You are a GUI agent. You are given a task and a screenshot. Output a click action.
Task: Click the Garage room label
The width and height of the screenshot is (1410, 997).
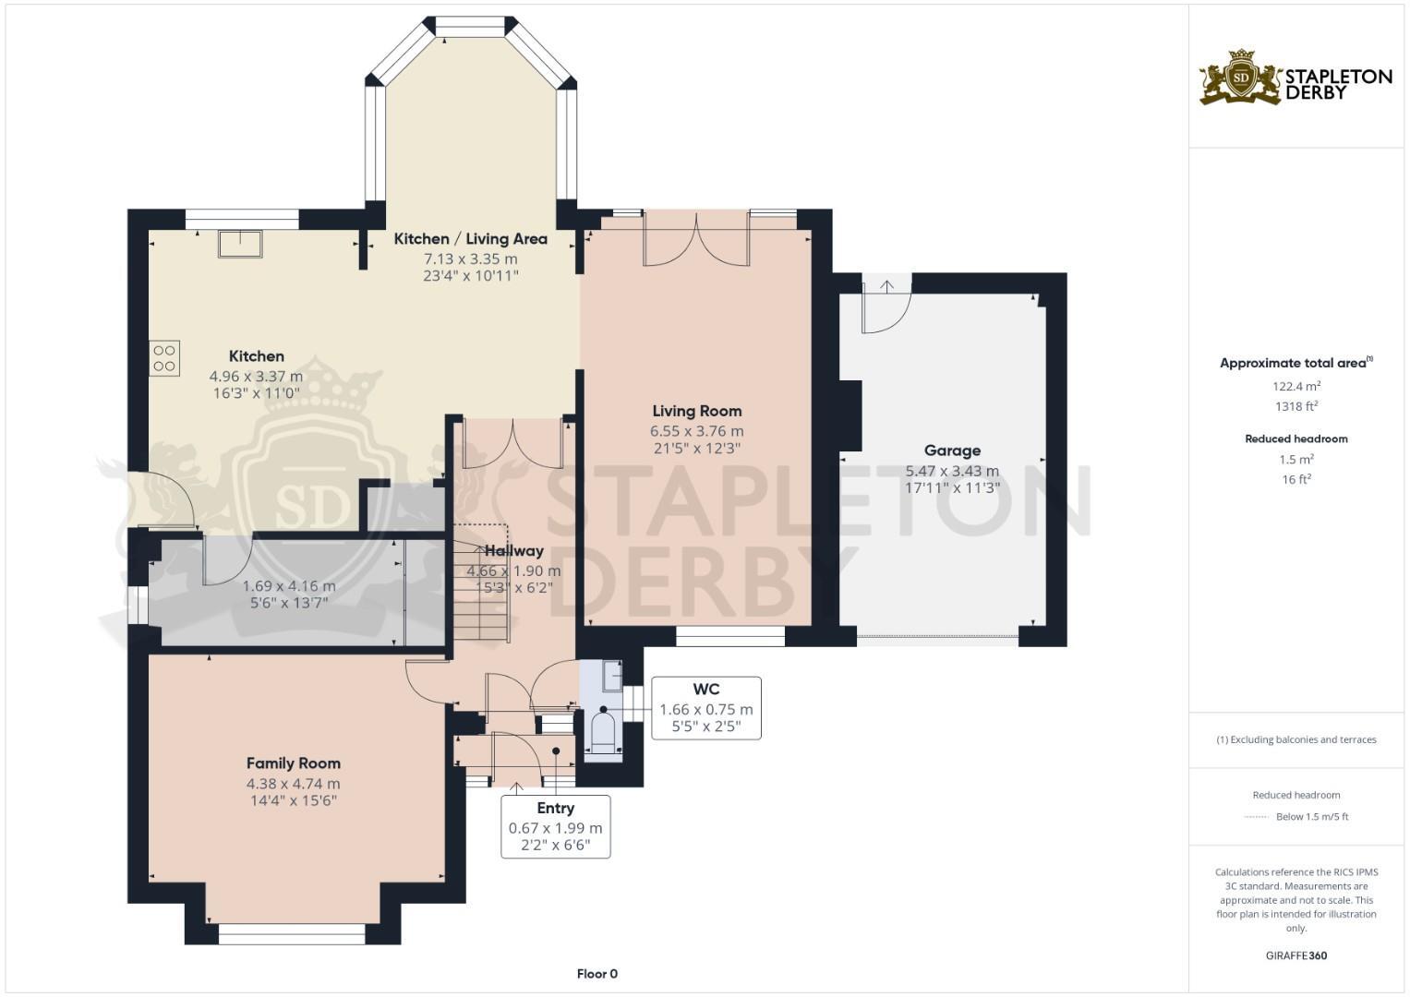[x=952, y=450]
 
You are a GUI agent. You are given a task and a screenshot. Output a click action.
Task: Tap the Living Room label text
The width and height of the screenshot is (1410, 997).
[x=697, y=411]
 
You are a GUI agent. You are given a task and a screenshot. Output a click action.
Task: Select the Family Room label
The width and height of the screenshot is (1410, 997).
[x=294, y=763]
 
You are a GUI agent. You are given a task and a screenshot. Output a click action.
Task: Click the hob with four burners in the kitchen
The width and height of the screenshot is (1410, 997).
[x=164, y=358]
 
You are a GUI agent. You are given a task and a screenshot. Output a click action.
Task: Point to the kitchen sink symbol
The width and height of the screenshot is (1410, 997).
[x=240, y=245]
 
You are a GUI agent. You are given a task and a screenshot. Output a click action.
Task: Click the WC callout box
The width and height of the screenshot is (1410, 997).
[x=706, y=708]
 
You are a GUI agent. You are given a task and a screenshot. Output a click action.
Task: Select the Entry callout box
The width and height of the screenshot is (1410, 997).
[x=555, y=826]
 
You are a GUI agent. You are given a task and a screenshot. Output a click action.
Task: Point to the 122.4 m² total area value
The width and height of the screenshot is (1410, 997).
[x=1296, y=386]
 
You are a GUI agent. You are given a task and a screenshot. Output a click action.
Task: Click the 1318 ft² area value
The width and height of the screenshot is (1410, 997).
[x=1296, y=406]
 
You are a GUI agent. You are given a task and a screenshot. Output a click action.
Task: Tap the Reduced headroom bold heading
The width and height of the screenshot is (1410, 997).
[x=1296, y=438]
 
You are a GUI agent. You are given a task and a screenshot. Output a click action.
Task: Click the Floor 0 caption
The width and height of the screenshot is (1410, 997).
[x=597, y=974]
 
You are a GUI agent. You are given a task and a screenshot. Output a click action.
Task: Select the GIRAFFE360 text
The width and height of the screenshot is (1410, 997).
[x=1296, y=955]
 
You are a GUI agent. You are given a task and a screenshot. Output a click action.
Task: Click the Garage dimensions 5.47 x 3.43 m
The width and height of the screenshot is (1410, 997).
[x=952, y=471]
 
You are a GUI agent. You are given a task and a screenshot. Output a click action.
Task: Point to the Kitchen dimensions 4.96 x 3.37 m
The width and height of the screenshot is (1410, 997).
[x=256, y=377]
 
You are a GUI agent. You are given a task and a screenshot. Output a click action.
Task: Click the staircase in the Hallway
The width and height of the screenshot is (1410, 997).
[x=481, y=583]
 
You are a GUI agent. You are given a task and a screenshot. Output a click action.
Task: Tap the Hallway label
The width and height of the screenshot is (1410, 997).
[x=514, y=551]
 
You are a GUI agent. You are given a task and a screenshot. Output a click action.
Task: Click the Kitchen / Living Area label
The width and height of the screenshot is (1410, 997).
[x=471, y=238]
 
